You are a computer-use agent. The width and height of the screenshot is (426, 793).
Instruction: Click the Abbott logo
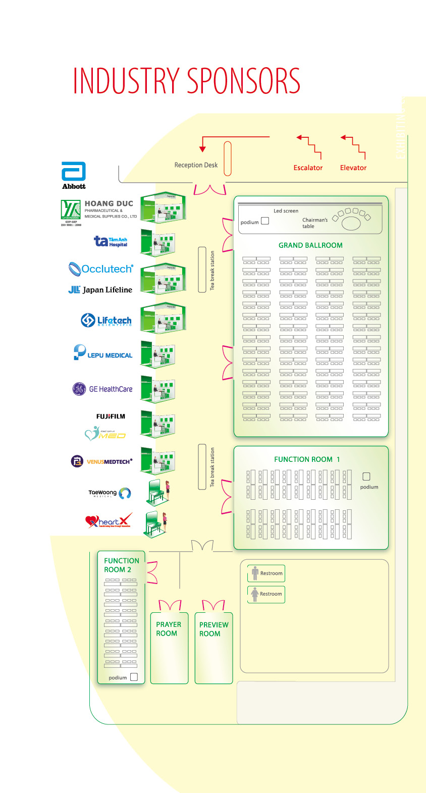(x=74, y=175)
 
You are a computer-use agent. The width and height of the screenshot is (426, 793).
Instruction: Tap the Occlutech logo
(x=101, y=269)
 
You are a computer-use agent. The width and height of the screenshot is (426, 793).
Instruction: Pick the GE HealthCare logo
(x=102, y=389)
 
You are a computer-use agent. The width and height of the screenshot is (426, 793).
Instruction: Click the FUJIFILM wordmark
(x=111, y=416)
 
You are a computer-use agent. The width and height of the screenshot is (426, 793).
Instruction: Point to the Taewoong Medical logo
(x=110, y=493)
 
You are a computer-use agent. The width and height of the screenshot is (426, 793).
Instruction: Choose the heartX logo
(x=109, y=521)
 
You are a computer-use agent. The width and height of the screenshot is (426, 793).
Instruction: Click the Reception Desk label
(x=196, y=165)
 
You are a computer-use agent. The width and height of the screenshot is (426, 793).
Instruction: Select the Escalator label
(x=308, y=168)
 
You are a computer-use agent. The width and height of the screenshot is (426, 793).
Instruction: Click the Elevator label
(x=353, y=168)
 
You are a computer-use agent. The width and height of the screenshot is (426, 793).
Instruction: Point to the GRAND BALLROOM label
(x=310, y=245)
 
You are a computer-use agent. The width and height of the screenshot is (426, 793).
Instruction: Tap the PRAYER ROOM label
(x=168, y=629)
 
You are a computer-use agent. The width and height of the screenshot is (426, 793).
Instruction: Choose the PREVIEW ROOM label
(x=214, y=629)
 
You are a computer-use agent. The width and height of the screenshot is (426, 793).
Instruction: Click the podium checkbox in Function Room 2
(x=134, y=677)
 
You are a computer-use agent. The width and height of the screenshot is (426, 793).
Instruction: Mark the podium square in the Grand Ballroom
(x=265, y=221)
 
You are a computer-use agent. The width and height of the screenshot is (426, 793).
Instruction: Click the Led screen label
(x=286, y=211)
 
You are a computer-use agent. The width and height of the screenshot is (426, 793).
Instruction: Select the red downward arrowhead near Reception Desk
(x=202, y=149)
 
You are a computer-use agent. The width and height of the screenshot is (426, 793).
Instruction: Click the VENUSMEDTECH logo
(x=102, y=461)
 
